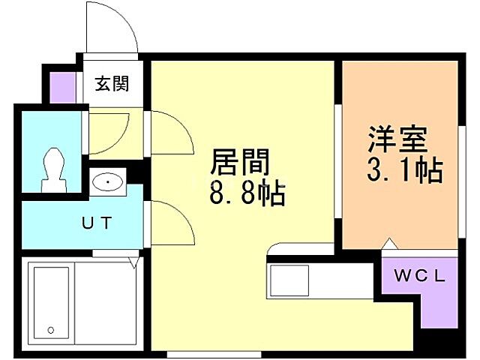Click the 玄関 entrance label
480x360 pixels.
[111, 83]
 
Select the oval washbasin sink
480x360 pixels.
[109, 181]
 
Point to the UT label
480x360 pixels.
[97, 222]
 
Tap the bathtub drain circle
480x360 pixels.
[50, 329]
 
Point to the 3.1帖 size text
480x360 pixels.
[403, 171]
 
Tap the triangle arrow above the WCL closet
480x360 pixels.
[388, 244]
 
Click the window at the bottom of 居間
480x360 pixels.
[196, 352]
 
